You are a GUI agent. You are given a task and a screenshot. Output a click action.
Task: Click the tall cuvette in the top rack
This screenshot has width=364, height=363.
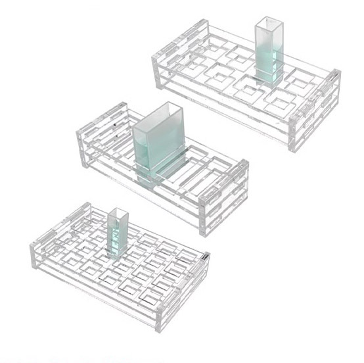267,53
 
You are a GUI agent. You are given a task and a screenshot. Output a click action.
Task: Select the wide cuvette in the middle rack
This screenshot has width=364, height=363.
158,145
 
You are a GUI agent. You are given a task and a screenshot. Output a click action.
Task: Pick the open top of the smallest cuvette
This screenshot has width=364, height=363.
117,212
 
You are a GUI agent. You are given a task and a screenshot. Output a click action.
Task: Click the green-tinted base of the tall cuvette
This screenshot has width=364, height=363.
268,74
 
